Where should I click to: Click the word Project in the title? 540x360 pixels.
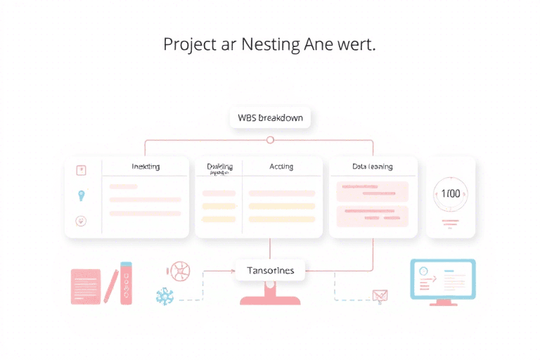[190, 44]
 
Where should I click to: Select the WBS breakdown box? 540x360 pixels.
[270, 117]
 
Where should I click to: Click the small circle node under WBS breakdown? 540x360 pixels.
[270, 140]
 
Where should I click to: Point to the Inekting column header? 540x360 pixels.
[146, 167]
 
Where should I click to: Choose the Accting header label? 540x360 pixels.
[281, 167]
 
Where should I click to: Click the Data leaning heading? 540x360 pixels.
[372, 167]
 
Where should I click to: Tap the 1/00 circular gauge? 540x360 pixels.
[451, 193]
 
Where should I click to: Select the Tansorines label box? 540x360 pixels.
[271, 270]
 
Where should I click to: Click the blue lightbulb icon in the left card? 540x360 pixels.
[82, 195]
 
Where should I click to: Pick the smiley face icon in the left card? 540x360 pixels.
[81, 221]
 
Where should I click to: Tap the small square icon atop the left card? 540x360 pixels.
[81, 169]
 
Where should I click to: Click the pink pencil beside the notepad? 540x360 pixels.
[110, 285]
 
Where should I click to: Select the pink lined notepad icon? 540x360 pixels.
[86, 286]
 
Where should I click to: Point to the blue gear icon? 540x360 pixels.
[164, 296]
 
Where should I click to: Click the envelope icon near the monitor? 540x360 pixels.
[380, 296]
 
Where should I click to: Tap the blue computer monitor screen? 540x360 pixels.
[442, 278]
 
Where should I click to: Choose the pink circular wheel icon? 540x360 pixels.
[179, 271]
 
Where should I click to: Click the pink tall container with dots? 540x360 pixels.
[127, 283]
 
